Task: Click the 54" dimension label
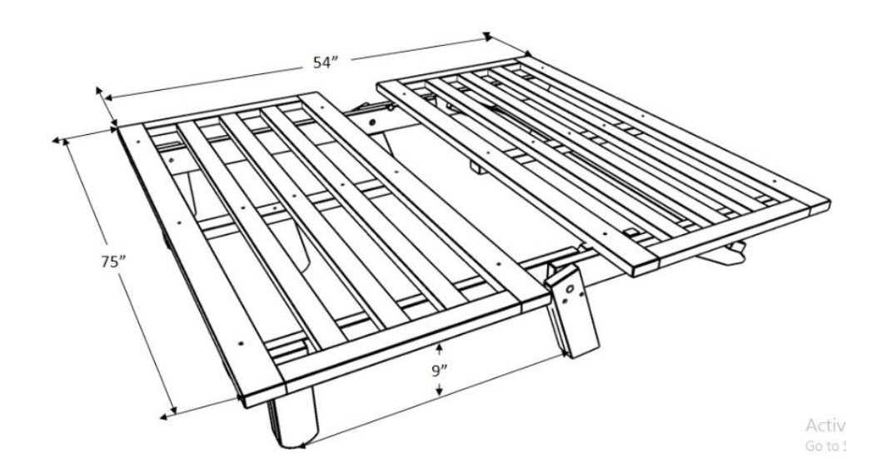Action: coord(326,63)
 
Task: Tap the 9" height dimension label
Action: coord(440,372)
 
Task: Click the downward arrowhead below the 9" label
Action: coord(440,392)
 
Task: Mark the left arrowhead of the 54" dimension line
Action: coord(101,92)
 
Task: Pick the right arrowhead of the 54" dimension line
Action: coord(487,37)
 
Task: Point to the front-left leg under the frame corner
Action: coord(291,421)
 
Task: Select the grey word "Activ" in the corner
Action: coord(825,424)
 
